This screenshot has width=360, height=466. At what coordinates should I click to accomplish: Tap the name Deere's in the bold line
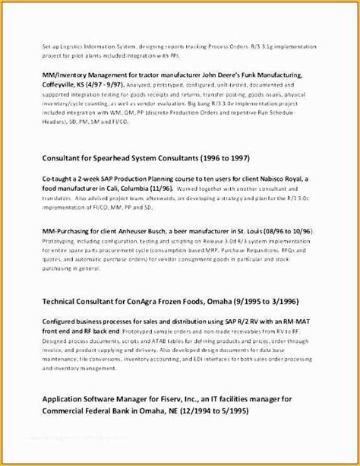pos(226,76)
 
